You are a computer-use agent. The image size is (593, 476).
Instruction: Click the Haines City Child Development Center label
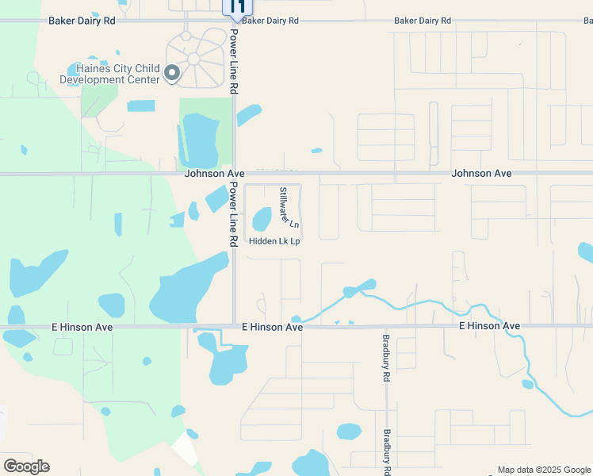pos(109,75)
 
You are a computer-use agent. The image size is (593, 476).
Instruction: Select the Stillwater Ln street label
pos(287,206)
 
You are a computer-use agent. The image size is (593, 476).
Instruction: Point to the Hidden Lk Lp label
pos(274,241)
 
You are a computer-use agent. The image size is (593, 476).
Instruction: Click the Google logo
pos(26,466)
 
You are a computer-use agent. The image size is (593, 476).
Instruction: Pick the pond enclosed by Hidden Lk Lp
pos(262,220)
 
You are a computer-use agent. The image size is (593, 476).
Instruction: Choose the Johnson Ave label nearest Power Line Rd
pos(215,173)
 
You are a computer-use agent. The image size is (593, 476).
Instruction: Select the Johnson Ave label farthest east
pos(481,173)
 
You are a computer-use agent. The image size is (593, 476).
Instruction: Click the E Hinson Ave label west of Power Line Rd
pos(82,327)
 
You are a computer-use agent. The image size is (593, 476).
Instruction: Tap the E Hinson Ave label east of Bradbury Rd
pos(490,326)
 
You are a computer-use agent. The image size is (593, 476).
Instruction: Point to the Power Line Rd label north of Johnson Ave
pos(234,63)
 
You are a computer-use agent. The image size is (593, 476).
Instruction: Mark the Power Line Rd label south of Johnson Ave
pos(234,213)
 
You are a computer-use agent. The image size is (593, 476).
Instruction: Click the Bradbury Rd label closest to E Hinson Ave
pos(387,363)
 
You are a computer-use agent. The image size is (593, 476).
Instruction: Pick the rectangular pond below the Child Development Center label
pos(141,106)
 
